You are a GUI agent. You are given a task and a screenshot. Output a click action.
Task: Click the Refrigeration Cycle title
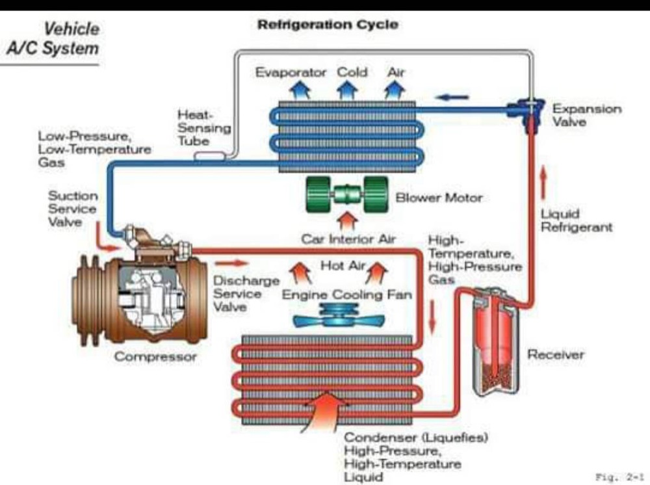click(x=328, y=25)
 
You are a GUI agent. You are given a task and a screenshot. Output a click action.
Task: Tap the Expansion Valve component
click(x=530, y=112)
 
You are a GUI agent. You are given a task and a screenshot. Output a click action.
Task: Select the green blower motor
click(x=346, y=194)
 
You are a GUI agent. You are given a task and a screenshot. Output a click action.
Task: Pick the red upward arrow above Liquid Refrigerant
click(x=544, y=183)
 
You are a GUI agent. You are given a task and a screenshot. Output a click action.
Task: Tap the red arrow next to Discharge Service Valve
click(x=231, y=263)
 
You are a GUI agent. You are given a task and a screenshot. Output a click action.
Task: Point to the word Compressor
click(x=155, y=357)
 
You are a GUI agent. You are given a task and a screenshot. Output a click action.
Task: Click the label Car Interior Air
click(x=348, y=239)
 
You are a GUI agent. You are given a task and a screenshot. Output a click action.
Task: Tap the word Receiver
click(x=556, y=354)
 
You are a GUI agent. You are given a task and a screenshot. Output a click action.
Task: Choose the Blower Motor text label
click(x=439, y=197)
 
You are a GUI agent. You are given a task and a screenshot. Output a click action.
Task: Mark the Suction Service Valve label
click(x=73, y=208)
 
